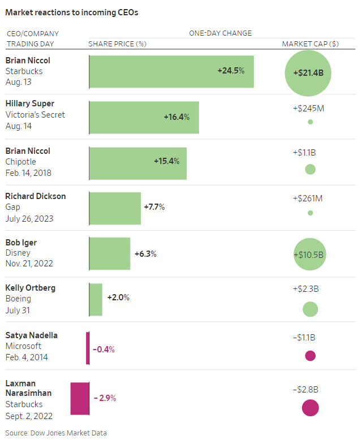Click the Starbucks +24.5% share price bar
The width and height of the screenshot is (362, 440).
pos(171,71)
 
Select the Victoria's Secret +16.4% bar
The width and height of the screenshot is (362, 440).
pos(144,117)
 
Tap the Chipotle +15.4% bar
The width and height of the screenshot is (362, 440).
pos(138,163)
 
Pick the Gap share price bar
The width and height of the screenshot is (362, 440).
pos(115,208)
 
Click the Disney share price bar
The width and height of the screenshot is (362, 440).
pos(110,254)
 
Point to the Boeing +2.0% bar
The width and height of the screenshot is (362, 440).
pos(96,299)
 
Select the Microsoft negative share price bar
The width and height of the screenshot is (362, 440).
pos(88,348)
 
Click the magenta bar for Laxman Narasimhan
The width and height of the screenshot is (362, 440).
pos(80,398)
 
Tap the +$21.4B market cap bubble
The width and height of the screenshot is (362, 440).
pos(308,73)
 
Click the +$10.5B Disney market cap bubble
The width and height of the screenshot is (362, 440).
pos(310,254)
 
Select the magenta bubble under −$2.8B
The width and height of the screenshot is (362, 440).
pos(310,407)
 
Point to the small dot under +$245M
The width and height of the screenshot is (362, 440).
pos(310,122)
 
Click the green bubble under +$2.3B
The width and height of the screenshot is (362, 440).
pos(310,309)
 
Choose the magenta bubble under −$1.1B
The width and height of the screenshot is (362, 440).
pos(310,356)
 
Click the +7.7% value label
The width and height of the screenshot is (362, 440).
pos(154,207)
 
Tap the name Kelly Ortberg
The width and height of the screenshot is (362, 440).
pos(31,288)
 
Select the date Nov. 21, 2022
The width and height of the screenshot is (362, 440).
pos(29,264)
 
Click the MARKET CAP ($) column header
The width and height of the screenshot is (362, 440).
pos(311,44)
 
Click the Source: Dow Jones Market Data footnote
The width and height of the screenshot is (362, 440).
pos(56,433)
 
